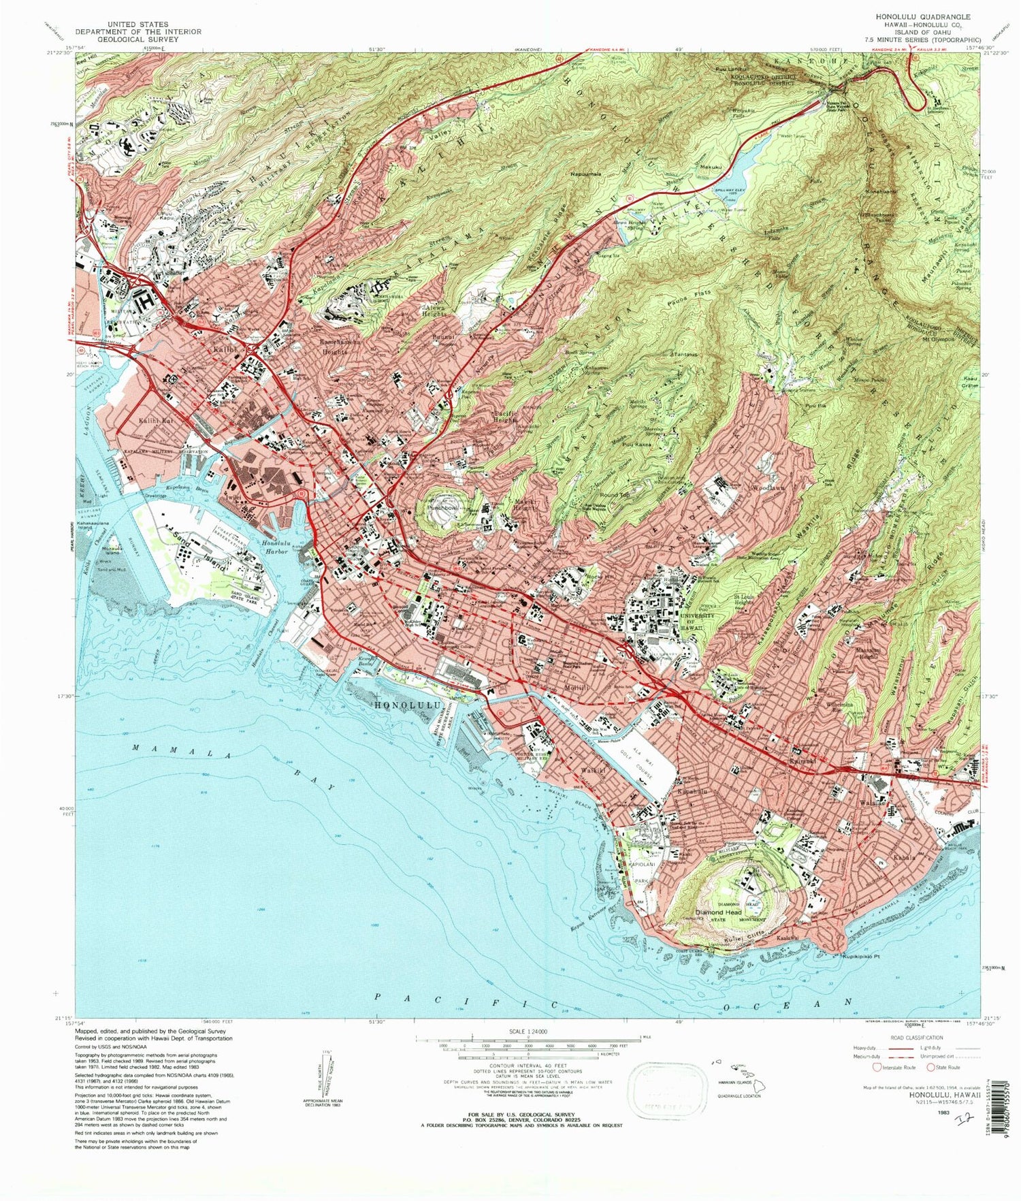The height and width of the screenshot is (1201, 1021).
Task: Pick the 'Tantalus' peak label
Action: (686, 355)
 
